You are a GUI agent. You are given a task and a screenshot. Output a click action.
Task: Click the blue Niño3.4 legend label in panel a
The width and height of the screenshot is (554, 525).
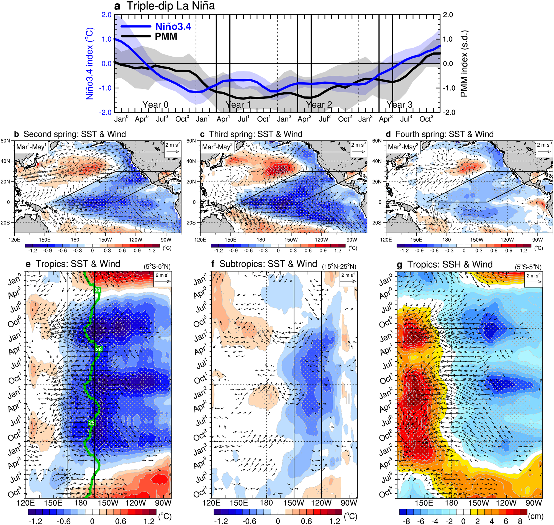coord(173,27)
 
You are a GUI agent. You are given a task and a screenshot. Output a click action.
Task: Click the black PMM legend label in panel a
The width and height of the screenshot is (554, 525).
coord(166,36)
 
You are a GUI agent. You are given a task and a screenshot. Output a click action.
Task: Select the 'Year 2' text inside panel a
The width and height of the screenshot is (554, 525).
coord(319,105)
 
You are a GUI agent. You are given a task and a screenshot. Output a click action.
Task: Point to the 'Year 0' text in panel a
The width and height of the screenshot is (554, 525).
coord(155,105)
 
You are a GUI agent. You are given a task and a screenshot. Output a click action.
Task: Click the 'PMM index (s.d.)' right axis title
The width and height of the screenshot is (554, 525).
coord(464,64)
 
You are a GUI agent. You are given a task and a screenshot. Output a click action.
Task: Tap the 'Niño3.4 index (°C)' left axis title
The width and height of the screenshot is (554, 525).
coord(90,63)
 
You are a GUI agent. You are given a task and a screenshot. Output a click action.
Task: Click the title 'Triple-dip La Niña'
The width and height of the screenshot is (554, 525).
coord(171,6)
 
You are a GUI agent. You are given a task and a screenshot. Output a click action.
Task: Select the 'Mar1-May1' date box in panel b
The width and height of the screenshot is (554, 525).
coord(31,147)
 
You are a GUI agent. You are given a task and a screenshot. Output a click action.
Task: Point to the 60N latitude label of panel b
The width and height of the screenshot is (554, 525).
coord(5,141)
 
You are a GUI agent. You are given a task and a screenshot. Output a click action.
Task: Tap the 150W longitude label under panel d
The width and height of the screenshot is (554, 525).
coord(476,240)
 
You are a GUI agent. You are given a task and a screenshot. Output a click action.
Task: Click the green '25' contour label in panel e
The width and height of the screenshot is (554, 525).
coord(91,423)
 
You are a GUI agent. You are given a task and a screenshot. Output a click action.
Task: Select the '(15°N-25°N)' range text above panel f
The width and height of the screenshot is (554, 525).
coord(339,266)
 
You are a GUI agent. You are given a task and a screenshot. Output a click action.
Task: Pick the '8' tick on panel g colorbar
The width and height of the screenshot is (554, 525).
coord(520,521)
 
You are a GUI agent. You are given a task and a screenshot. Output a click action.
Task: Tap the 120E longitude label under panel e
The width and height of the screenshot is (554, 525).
coord(26,503)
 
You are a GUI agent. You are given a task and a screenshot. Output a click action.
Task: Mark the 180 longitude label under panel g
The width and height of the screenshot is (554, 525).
coord(451,503)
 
